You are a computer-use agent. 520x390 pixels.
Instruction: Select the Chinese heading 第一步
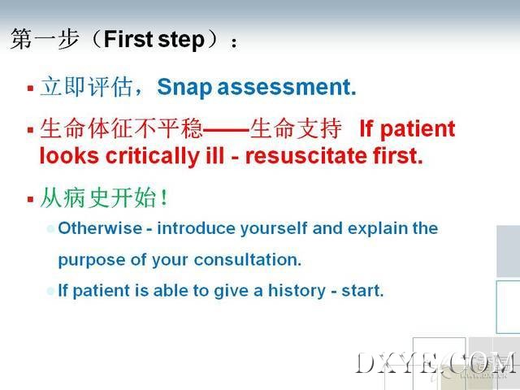45,39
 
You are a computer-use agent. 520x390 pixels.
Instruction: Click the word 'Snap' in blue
184,88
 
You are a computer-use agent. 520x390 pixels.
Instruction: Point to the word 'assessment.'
287,87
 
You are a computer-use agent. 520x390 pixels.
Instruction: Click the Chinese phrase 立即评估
86,87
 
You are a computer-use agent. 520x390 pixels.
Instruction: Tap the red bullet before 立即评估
31,89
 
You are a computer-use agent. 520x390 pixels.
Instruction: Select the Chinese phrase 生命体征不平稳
121,128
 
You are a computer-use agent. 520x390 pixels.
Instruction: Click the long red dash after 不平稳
226,129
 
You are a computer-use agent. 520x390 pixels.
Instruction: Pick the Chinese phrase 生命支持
296,128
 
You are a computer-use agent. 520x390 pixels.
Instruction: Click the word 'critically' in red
152,155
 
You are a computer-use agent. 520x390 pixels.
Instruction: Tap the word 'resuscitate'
306,156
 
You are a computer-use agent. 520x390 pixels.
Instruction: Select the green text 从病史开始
98,198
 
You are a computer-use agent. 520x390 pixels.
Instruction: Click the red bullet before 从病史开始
31,199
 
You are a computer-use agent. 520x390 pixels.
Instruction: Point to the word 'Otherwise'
100,228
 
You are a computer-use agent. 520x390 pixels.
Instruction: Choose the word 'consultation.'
248,260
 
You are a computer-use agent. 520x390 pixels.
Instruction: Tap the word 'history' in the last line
297,291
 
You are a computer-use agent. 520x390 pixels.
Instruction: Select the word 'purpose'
92,261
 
